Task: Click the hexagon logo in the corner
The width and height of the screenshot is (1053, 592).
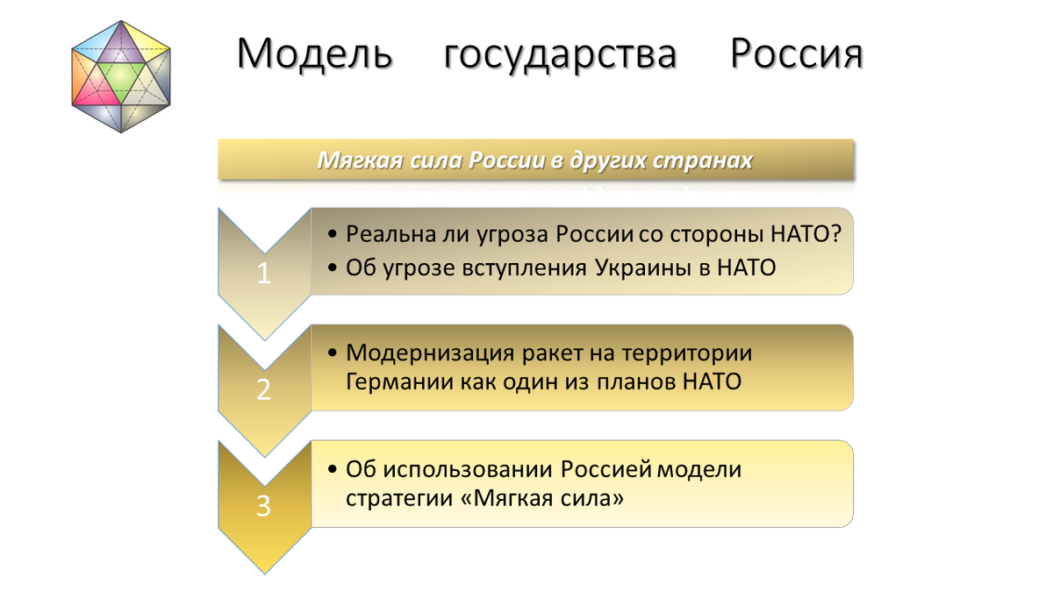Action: [121, 76]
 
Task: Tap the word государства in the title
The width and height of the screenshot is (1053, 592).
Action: [561, 54]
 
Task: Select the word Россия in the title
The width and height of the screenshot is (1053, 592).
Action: [797, 54]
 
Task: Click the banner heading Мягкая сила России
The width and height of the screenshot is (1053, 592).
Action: [535, 161]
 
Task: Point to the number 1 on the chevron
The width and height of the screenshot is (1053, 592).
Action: [264, 275]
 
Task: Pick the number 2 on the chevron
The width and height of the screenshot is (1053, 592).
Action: [264, 390]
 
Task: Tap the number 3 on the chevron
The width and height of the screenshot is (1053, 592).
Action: [264, 506]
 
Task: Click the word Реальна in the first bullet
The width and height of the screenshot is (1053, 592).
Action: [389, 235]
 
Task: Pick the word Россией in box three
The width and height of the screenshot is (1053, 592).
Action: [607, 469]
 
